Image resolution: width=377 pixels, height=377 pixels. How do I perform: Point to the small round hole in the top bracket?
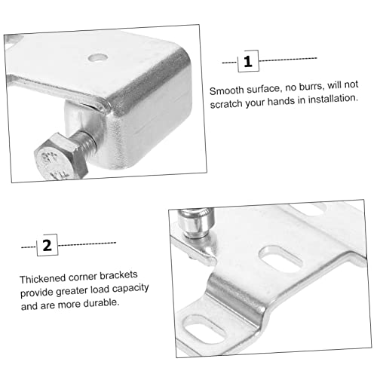[x=97, y=56]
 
